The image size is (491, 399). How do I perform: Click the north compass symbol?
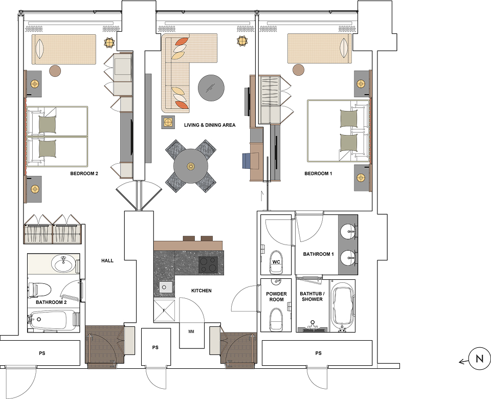coord(479,359)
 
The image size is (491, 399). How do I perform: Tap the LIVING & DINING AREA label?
coord(210,125)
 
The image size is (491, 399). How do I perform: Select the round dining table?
coord(191,166)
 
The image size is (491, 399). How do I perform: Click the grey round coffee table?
coord(211,88)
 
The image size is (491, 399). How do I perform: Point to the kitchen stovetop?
coord(208,264)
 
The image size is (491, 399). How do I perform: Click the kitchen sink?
coord(165,287)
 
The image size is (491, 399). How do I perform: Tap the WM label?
coord(191,331)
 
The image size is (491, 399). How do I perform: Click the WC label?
coord(276,262)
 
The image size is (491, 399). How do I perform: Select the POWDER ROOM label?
coord(277,297)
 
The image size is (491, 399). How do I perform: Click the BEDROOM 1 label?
coord(319,173)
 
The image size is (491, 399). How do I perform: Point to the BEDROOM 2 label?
coord(84,173)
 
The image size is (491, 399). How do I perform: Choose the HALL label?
coord(107,260)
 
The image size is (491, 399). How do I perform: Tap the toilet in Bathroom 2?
coord(40,290)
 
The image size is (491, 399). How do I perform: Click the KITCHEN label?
coord(202,291)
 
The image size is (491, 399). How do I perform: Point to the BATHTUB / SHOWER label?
coord(312,296)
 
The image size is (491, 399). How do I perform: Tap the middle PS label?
coord(155,347)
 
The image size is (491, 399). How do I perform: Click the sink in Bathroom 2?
coord(64,264)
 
